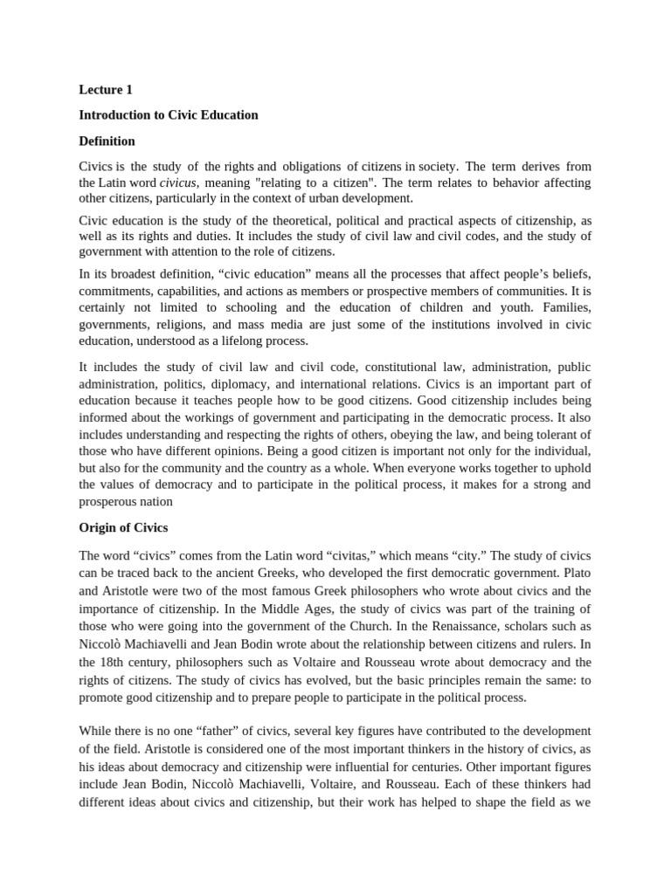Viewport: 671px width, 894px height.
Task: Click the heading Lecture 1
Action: (106, 89)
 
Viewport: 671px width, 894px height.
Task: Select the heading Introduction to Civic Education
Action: (169, 115)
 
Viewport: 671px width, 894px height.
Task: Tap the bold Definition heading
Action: (107, 141)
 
